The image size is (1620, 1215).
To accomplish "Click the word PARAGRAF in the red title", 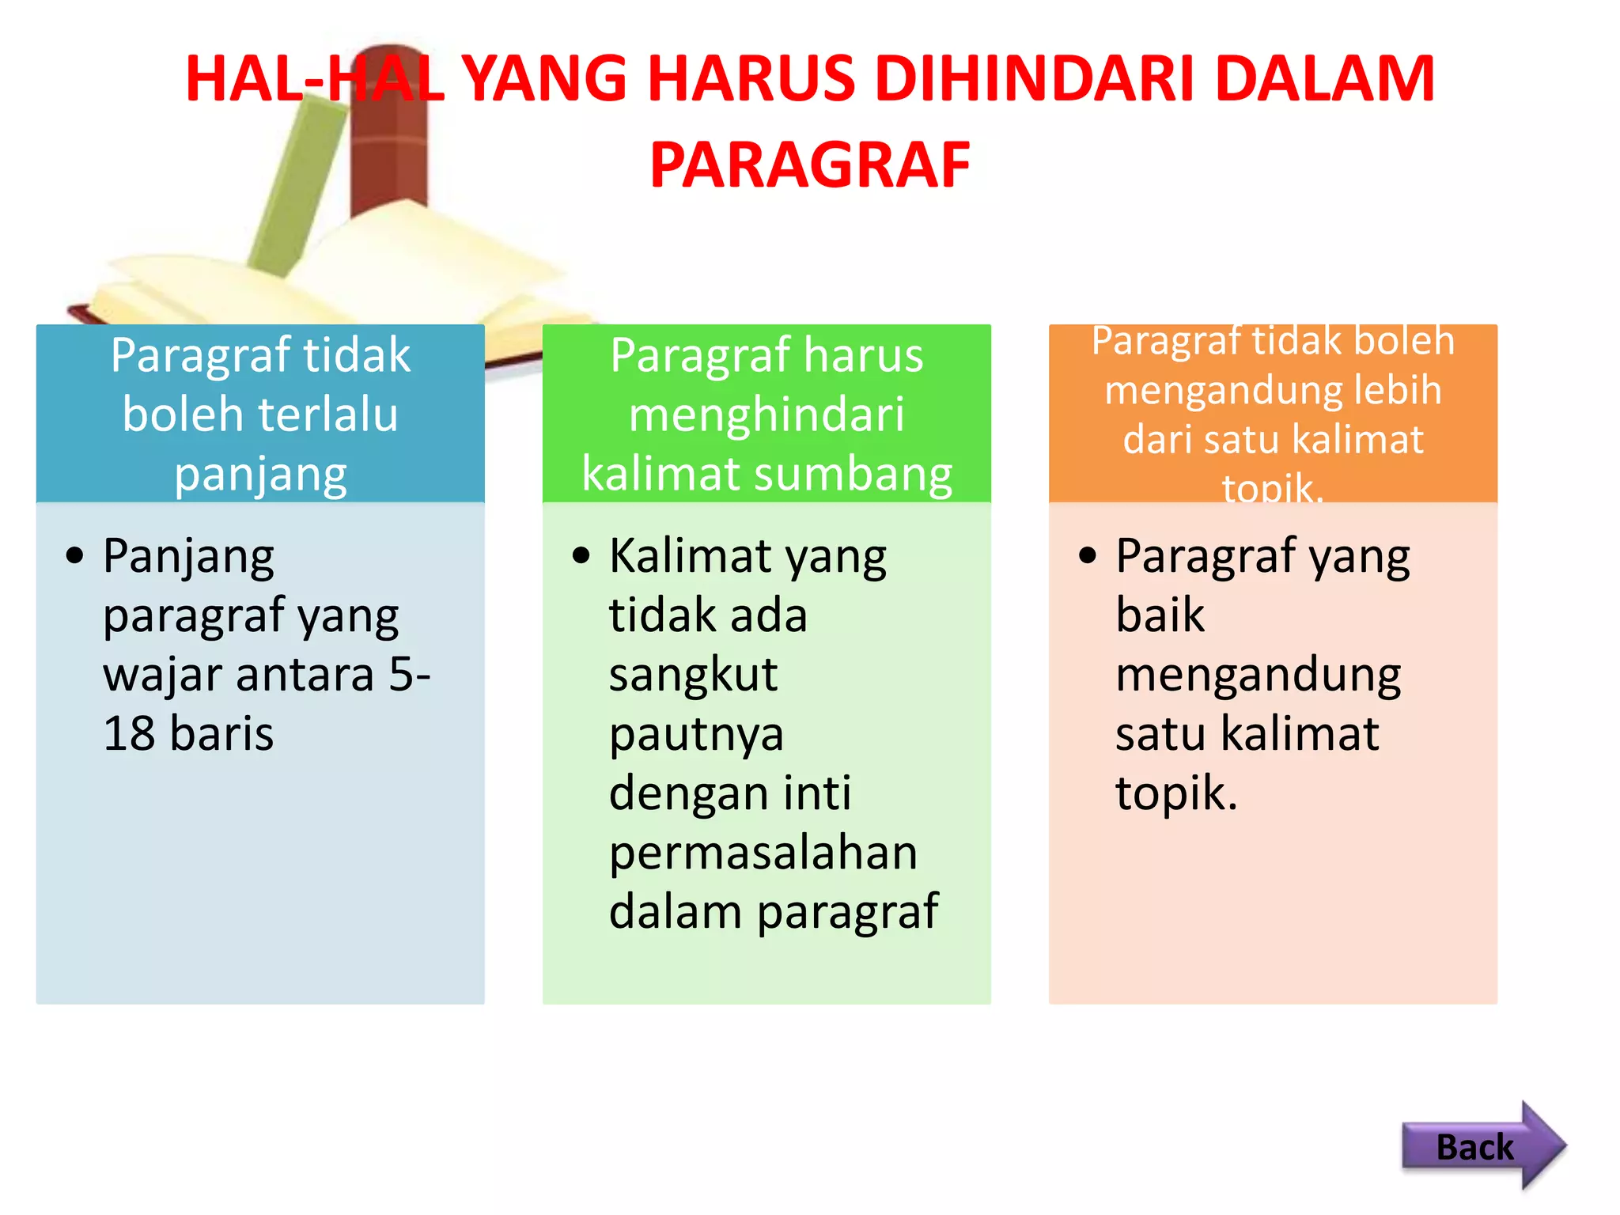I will (810, 165).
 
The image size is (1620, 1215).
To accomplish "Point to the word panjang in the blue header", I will (260, 475).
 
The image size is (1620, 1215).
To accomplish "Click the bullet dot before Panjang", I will (75, 555).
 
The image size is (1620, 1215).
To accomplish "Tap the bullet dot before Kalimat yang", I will (581, 555).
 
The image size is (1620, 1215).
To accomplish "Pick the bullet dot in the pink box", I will (1088, 555).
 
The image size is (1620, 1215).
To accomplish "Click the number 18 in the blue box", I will (129, 733).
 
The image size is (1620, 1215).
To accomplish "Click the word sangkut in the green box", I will (693, 675).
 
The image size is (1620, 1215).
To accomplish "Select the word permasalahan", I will (763, 853).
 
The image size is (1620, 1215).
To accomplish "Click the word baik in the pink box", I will (1160, 615).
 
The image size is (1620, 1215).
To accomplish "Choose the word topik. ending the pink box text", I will (1176, 793).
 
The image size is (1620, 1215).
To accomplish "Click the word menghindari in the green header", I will (766, 414).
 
